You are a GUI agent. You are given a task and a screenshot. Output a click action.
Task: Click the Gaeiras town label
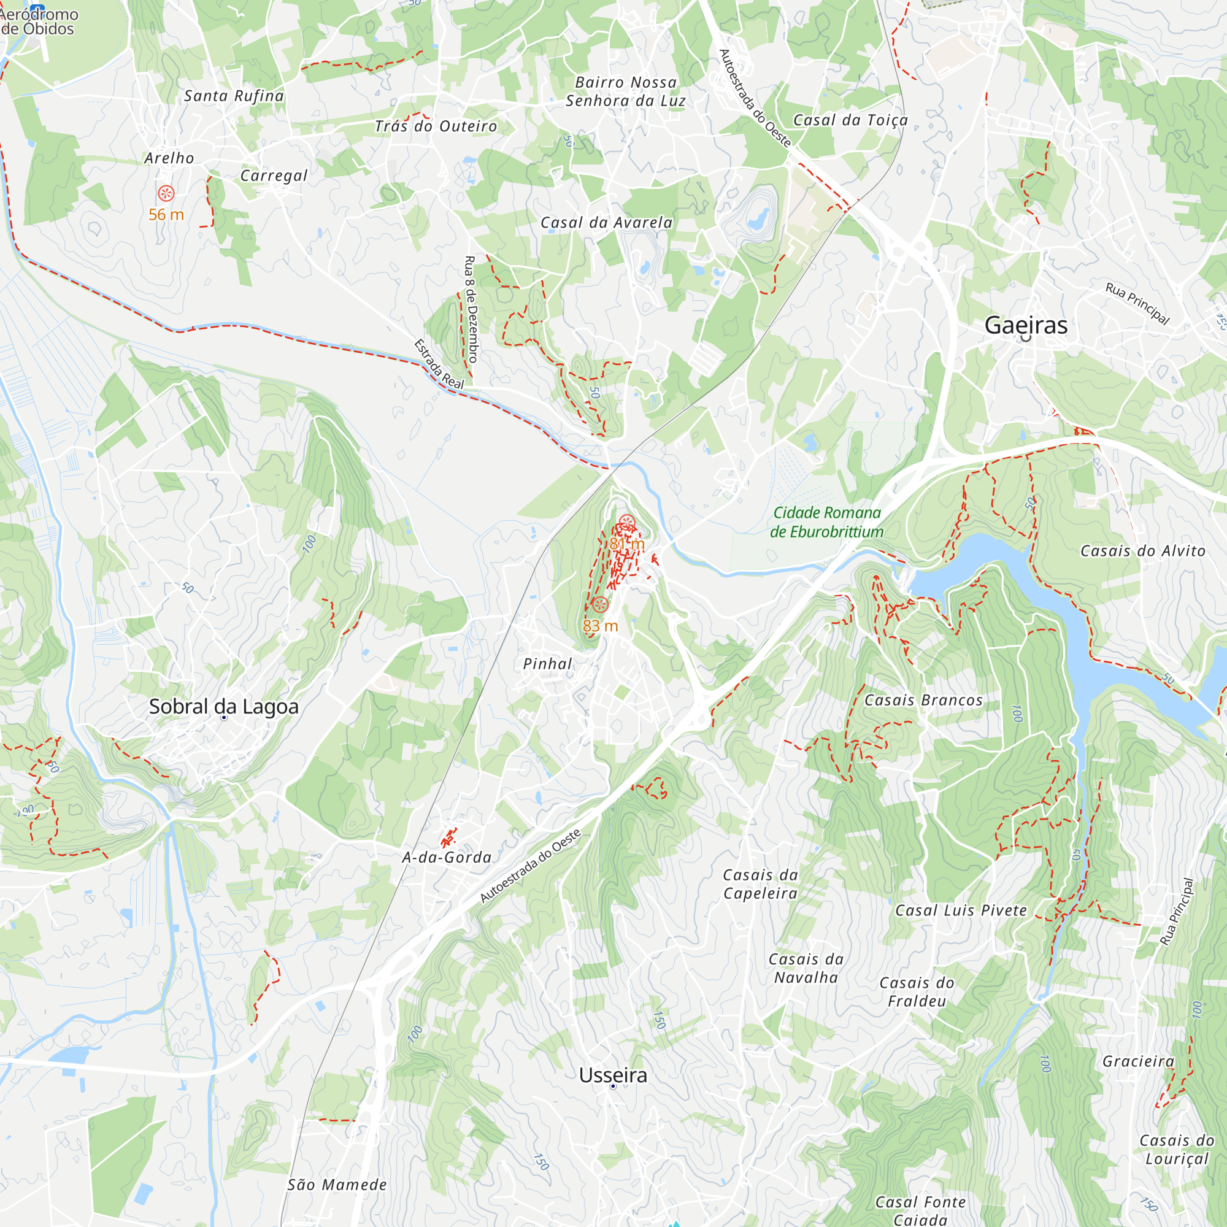(1026, 325)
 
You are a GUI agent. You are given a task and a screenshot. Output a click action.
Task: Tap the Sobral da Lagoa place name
(223, 706)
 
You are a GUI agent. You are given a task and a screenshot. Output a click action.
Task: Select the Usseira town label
(613, 1075)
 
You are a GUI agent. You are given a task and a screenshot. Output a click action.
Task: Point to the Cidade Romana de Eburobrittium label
(827, 522)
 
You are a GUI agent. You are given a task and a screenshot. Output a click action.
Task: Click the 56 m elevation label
(166, 215)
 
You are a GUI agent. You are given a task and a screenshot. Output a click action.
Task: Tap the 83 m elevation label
(600, 626)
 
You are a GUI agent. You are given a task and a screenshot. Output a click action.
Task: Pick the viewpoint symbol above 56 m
(166, 193)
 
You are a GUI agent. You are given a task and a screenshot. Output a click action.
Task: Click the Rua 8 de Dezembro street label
(471, 309)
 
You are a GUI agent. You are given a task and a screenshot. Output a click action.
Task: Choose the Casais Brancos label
(923, 701)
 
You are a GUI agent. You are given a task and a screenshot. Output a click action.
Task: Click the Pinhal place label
(547, 664)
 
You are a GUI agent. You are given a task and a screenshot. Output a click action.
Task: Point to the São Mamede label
(337, 1185)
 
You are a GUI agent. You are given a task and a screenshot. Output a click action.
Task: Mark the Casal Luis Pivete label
(961, 910)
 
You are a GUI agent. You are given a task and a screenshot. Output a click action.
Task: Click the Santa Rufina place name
(234, 96)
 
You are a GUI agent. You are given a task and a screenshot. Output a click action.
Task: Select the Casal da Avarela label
(607, 222)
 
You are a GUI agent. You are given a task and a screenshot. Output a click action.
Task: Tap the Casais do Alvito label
(1143, 551)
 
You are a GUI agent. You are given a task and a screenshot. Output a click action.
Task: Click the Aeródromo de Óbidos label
(38, 21)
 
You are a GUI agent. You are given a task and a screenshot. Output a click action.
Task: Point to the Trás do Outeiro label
(436, 126)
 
